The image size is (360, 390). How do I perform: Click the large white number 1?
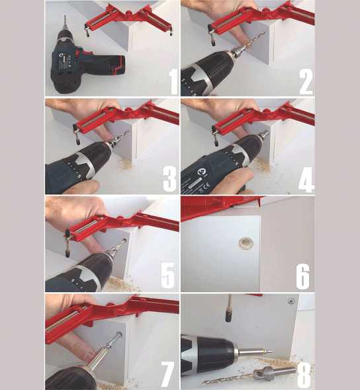(x=174, y=82)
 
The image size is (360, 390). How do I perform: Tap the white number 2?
(x=306, y=82)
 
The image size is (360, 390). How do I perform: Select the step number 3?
(x=170, y=179)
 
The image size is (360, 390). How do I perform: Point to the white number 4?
(x=306, y=179)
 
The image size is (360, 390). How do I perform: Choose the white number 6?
(x=303, y=276)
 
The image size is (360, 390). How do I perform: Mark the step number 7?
(x=167, y=374)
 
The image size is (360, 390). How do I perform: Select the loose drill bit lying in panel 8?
(x=249, y=377)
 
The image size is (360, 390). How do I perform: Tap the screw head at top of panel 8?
(x=291, y=301)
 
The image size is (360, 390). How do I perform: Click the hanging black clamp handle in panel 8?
(x=228, y=309)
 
